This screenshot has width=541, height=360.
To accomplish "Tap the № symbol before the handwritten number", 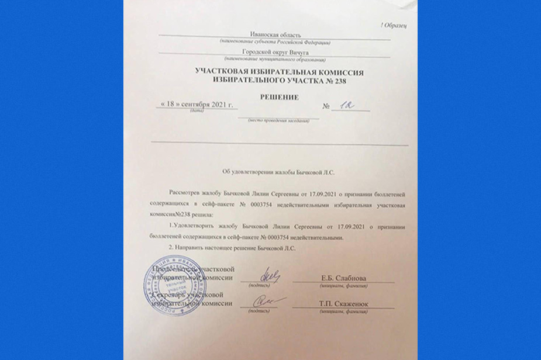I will pyautogui.click(x=326, y=107).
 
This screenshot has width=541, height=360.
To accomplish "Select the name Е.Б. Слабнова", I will pyautogui.click(x=343, y=278).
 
